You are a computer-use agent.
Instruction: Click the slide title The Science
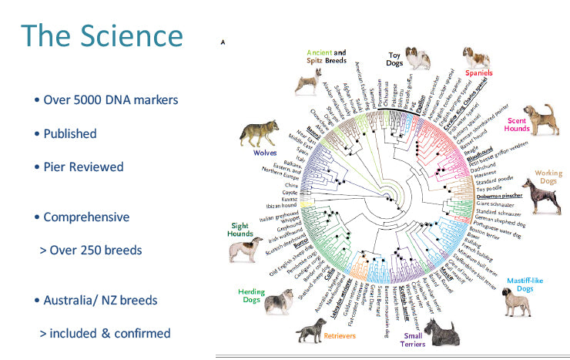point(102,36)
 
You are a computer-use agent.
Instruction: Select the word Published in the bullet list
point(69,133)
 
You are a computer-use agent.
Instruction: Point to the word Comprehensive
point(86,217)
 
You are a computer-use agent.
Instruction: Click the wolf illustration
point(258,132)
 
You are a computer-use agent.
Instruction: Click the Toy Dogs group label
point(401,59)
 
